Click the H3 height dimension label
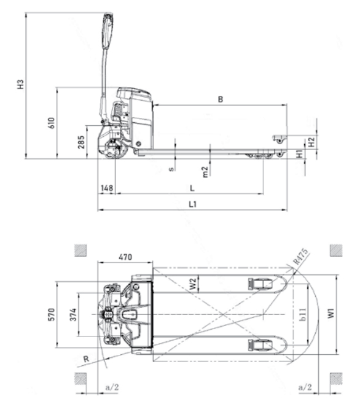(20, 85)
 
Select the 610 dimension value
(51, 123)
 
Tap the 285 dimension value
(81, 142)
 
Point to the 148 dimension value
(107, 188)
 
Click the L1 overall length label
(193, 204)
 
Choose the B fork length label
(221, 99)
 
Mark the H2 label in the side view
(311, 142)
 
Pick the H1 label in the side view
(300, 153)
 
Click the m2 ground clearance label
(205, 172)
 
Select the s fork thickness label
(171, 169)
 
